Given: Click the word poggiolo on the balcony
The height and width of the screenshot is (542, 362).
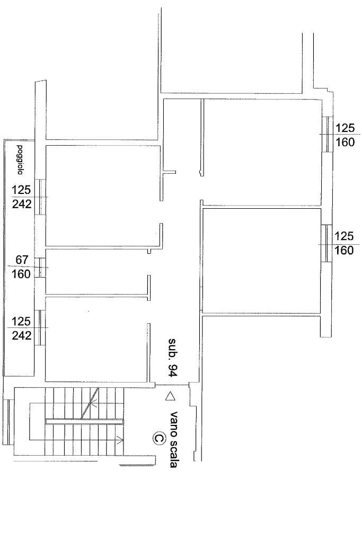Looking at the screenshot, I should pyautogui.click(x=20, y=160).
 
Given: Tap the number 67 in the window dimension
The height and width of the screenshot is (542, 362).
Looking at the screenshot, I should pyautogui.click(x=22, y=260).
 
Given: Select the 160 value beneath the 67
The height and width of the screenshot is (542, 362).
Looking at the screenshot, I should pyautogui.click(x=22, y=274).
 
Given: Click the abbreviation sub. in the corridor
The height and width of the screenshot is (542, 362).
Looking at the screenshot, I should pyautogui.click(x=172, y=348).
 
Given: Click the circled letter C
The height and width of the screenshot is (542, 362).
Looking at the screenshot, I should pyautogui.click(x=158, y=438).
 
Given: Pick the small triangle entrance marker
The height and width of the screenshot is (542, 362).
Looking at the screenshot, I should pyautogui.click(x=170, y=395).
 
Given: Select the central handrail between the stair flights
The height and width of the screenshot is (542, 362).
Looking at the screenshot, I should pyautogui.click(x=84, y=421).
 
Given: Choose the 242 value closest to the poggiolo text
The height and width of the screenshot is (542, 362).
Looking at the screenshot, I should pyautogui.click(x=22, y=204).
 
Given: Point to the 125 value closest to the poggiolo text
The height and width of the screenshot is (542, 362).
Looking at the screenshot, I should pyautogui.click(x=22, y=190).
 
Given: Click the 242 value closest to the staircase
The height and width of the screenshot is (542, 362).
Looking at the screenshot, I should pyautogui.click(x=22, y=335).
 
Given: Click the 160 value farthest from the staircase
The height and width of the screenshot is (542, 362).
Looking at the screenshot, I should pyautogui.click(x=345, y=142).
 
